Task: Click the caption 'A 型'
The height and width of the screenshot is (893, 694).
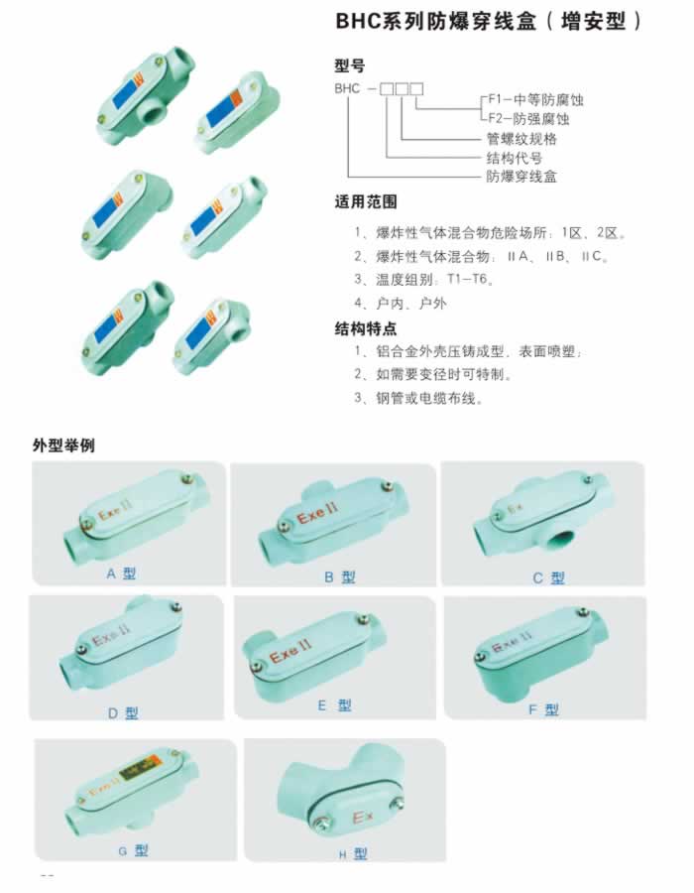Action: point(121,573)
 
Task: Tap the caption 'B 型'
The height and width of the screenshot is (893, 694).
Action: point(340,576)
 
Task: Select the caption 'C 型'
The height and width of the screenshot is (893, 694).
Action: point(548,578)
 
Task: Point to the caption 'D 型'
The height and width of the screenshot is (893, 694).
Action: point(123,713)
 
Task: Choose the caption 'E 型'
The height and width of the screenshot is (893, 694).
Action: point(334,705)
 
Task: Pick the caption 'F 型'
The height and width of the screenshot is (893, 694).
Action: point(544,709)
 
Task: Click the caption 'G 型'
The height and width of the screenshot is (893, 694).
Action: point(133,851)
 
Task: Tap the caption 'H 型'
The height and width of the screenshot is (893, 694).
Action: point(353,853)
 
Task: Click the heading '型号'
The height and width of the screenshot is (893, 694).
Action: point(349,66)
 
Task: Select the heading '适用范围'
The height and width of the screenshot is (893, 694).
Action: point(365,201)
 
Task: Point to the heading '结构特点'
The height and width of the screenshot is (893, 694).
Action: point(365,328)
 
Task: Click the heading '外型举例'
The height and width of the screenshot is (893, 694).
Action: point(63,446)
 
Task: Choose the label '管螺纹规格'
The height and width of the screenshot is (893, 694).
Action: point(521,138)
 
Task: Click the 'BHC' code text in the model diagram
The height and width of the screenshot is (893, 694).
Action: point(347,89)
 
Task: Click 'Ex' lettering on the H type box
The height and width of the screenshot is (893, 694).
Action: point(362,818)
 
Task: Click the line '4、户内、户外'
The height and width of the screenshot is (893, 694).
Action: point(400,303)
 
